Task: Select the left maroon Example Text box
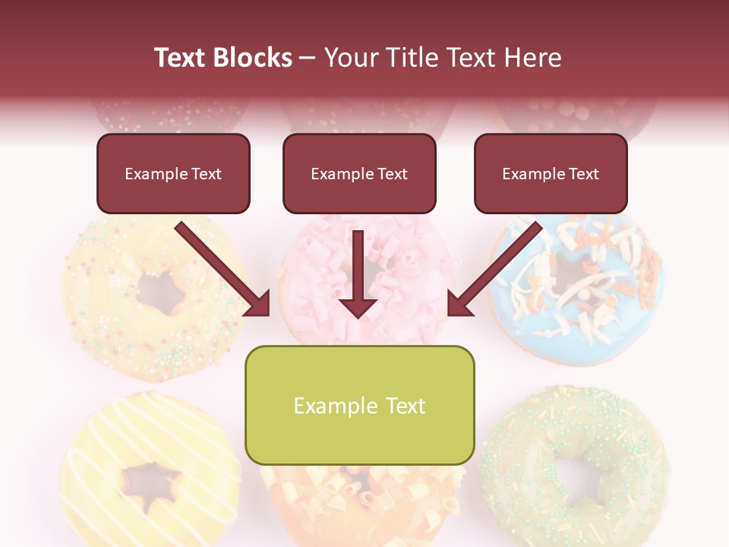click(173, 174)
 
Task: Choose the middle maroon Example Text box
click(359, 174)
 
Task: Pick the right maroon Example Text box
click(551, 174)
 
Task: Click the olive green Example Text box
click(359, 406)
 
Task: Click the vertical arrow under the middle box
click(358, 273)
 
